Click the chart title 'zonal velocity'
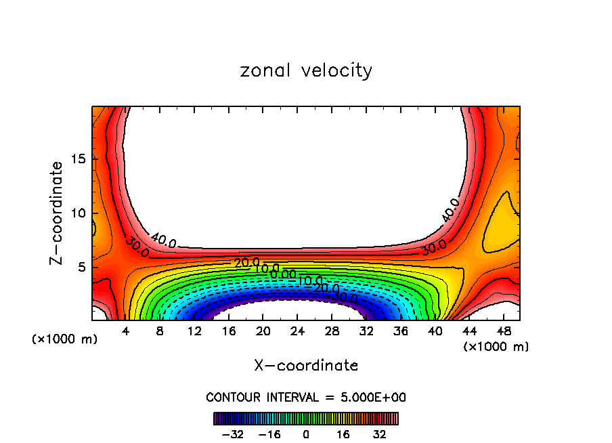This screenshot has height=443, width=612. (x=306, y=70)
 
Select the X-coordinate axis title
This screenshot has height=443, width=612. (x=306, y=366)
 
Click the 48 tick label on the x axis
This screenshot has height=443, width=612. (x=503, y=331)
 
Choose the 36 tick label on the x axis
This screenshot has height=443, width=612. (x=400, y=331)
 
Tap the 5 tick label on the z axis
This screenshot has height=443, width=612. (x=80, y=267)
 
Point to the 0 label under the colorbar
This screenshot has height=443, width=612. (x=306, y=434)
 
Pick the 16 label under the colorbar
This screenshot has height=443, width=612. (x=343, y=434)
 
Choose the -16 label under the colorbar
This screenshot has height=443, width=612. (x=269, y=434)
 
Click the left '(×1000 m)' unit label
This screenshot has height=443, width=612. (x=65, y=339)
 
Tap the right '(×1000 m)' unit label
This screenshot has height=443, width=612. (x=496, y=347)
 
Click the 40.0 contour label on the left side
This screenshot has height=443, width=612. (x=163, y=239)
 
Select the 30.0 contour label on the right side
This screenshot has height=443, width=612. (x=433, y=248)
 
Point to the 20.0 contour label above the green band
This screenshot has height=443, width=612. (x=246, y=262)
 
